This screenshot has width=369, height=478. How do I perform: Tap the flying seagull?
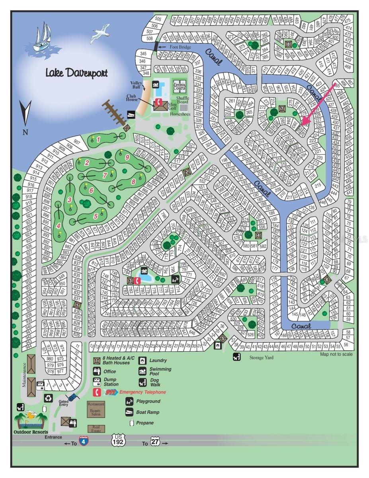coord(100,33)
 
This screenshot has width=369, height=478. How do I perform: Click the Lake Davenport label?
coord(76,73)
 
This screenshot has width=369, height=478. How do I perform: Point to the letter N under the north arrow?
coord(25,132)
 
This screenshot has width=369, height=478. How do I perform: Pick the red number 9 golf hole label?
coord(127,157)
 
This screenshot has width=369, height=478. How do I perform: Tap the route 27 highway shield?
coord(154,443)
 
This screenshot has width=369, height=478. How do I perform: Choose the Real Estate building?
coord(96,428)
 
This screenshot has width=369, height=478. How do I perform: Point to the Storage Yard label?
coord(262,357)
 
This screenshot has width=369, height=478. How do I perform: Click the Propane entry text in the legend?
coord(145,423)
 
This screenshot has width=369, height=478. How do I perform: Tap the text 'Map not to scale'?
coord(336,354)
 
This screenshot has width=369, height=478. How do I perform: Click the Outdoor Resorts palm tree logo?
coord(31,421)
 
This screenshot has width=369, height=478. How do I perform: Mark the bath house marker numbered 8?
coord(288,44)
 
